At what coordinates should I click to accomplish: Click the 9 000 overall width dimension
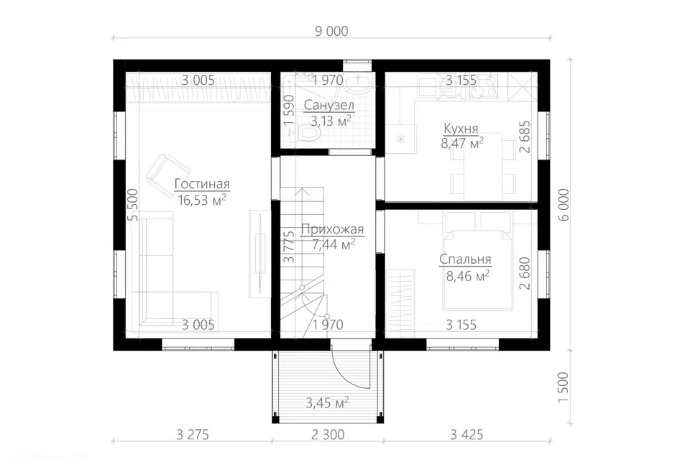pos(331,31)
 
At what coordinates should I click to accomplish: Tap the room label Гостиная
pos(202,184)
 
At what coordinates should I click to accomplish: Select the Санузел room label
pos(328,106)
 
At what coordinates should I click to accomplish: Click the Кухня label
pos(461,129)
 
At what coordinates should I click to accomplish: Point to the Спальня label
pos(465,259)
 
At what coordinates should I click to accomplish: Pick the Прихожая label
pos(332,229)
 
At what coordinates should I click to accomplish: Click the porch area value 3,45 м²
pos(328,402)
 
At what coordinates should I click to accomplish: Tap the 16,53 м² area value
pos(202,201)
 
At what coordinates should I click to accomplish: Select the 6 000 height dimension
pos(563,205)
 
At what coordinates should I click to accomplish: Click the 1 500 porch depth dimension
pos(563,387)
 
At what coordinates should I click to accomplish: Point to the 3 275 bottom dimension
pos(193,435)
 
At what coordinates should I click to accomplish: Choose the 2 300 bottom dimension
pos(328,435)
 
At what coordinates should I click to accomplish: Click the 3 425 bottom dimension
pos(466,435)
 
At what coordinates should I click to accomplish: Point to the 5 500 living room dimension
pos(134,205)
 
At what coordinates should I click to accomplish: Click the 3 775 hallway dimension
pos(288,247)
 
